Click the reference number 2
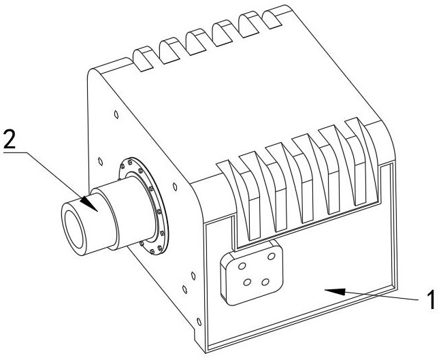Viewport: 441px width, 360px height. point(10,139)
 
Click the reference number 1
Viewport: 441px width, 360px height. point(430,300)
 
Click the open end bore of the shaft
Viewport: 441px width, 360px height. point(74,229)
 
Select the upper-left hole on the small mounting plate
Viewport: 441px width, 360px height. point(242,266)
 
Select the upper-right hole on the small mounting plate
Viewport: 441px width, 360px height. point(272,256)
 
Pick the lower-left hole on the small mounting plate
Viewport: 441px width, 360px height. point(248,282)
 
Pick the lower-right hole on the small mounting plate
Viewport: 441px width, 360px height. point(265,282)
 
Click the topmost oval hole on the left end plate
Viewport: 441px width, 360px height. point(116,114)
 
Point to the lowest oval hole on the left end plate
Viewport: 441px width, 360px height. point(199,321)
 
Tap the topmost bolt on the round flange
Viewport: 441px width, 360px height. point(130,162)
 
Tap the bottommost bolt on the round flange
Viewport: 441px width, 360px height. point(152,251)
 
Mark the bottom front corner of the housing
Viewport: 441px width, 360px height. point(206,353)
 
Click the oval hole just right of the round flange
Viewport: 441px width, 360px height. point(175,186)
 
